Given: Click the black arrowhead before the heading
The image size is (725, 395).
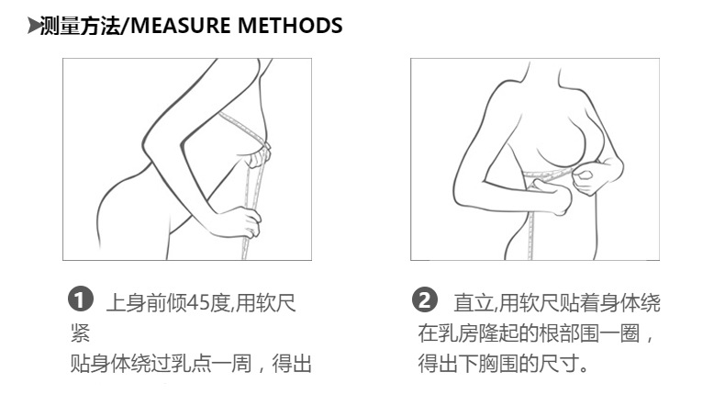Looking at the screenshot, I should [x=34, y=26].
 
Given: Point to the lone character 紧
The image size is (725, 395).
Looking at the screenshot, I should [x=81, y=333].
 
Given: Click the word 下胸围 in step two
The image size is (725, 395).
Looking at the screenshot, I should [x=489, y=365].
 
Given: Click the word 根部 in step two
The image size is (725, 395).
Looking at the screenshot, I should [x=560, y=333].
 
